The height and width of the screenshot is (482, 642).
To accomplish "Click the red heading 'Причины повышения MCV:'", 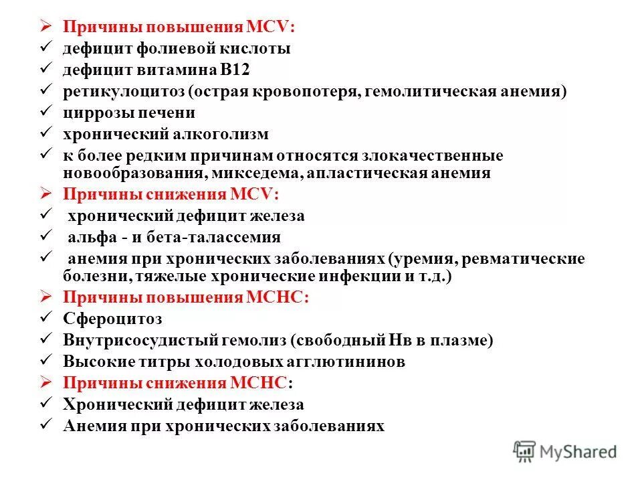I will tap(179, 27).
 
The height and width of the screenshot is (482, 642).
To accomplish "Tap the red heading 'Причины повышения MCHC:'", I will tap(185, 299).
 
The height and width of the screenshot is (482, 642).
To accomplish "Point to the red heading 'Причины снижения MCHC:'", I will tap(177, 383).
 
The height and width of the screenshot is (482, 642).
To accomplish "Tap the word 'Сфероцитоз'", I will tap(112, 319).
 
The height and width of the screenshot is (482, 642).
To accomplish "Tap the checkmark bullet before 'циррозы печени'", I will tap(46, 112).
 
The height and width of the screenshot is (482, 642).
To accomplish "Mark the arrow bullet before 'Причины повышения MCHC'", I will tap(46, 299).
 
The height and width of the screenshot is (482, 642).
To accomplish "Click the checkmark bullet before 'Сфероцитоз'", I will tap(46, 319).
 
